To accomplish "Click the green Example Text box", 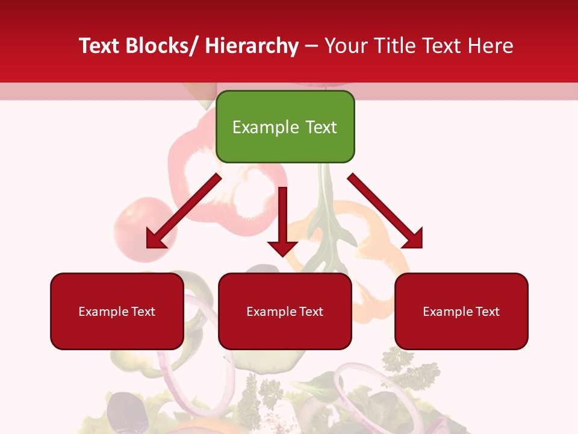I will tap(285, 127).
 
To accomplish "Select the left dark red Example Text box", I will tap(117, 311).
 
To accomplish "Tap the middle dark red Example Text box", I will tap(285, 311).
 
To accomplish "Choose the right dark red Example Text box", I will tap(461, 311).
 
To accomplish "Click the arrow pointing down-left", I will tap(183, 212).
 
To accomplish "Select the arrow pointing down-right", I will tap(385, 211).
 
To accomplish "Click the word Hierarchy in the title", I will tap(252, 46).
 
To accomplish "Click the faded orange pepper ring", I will tap(373, 241).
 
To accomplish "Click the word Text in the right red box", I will tap(486, 312).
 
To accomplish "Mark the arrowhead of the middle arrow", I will tap(282, 247).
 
